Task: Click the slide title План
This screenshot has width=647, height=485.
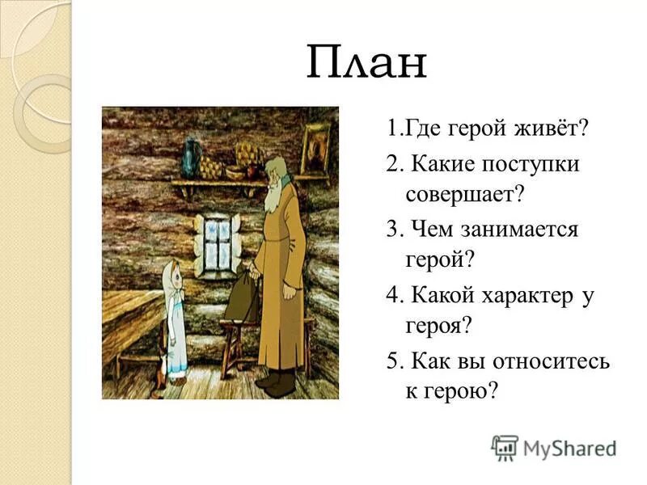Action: click(366, 63)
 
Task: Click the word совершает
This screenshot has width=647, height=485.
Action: click(466, 193)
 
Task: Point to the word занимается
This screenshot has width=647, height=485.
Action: click(520, 229)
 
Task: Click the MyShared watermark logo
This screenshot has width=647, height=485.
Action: click(553, 447)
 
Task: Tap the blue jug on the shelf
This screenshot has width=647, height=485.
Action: click(192, 156)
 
